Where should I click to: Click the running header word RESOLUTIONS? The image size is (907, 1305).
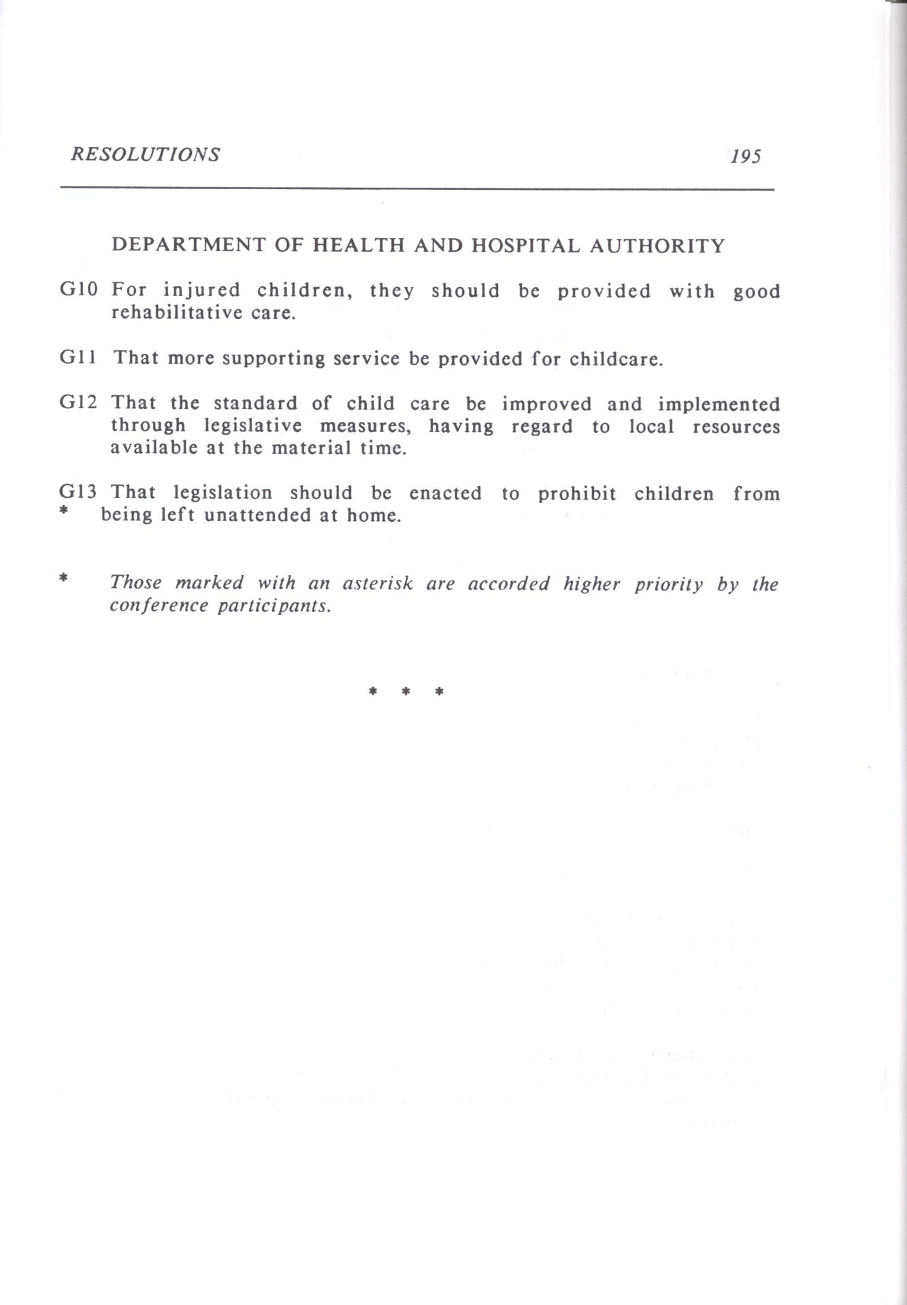click(x=145, y=154)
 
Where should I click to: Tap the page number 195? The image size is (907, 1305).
click(x=745, y=156)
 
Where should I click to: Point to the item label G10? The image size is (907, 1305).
click(x=79, y=289)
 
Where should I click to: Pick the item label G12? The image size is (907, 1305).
click(x=79, y=402)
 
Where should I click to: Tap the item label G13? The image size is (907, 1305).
click(x=79, y=491)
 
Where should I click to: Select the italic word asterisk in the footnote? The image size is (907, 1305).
click(x=378, y=583)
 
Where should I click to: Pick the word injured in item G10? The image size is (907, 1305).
click(x=202, y=291)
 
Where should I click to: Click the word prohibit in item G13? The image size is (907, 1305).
click(x=577, y=493)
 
